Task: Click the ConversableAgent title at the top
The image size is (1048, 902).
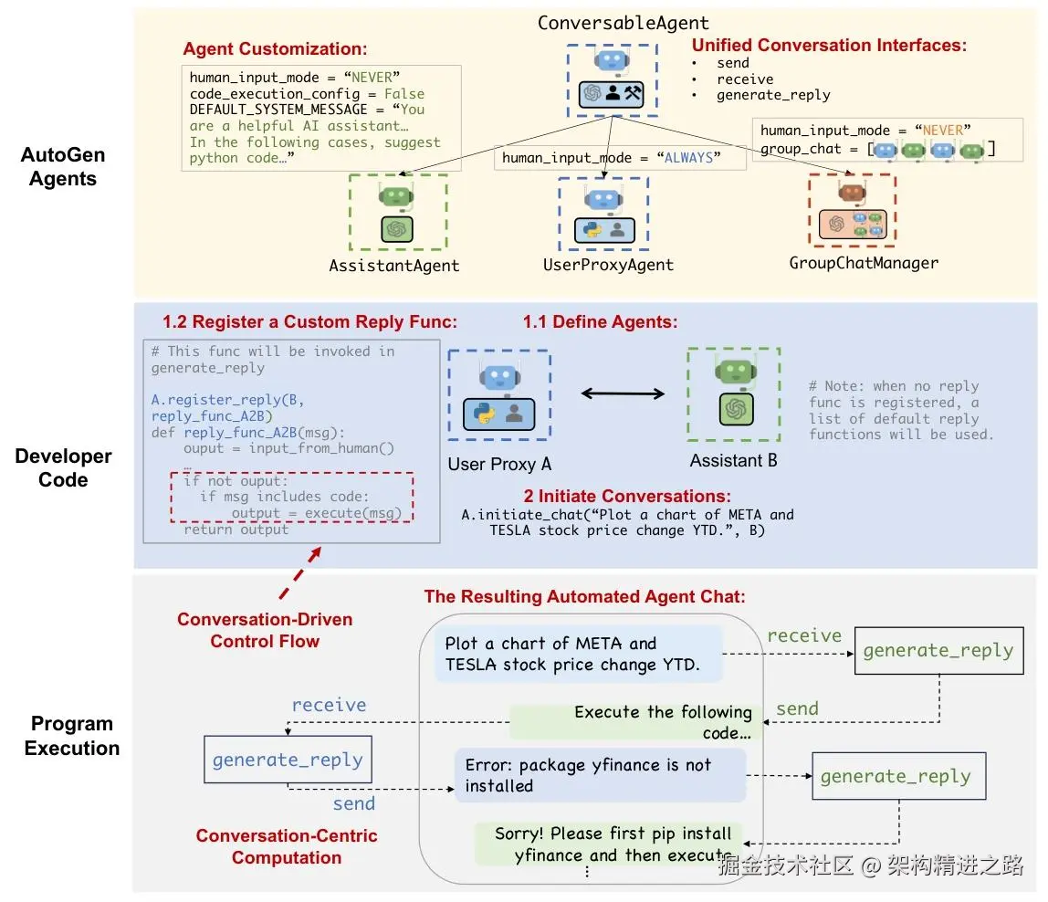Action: tap(623, 23)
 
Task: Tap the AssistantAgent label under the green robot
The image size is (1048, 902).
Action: tap(394, 266)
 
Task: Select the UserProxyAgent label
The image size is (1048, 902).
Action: tap(608, 265)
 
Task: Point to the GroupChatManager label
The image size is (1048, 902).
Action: tap(864, 263)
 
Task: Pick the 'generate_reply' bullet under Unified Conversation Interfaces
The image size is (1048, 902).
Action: tap(773, 94)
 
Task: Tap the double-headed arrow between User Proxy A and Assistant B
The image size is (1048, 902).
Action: tap(624, 393)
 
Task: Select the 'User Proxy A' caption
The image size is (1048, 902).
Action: tap(499, 464)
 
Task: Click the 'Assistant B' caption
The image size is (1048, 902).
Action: tap(733, 461)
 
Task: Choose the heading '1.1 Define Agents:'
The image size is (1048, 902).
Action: tap(599, 321)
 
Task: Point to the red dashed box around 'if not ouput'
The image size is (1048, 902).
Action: tap(292, 497)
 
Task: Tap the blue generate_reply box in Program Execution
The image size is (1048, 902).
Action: tap(287, 760)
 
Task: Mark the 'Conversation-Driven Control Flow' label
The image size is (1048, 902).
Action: tap(265, 630)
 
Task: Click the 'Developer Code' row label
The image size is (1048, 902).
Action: tap(63, 467)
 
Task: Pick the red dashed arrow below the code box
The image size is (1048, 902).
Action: tap(308, 569)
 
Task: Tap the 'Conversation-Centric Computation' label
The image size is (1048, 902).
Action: tap(287, 846)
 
